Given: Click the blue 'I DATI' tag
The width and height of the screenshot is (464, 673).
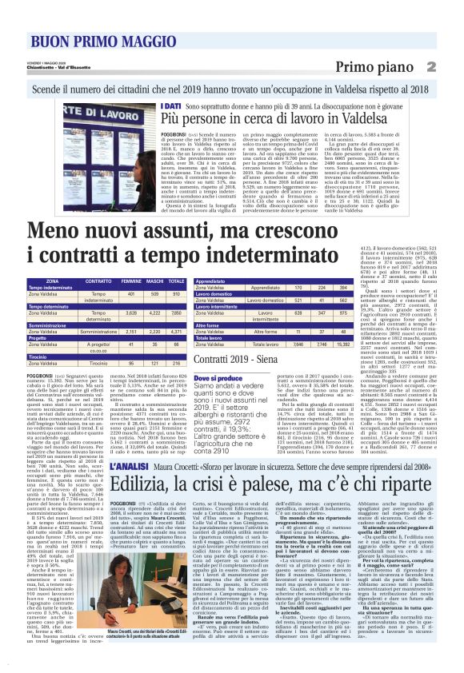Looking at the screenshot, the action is point(170,106).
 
